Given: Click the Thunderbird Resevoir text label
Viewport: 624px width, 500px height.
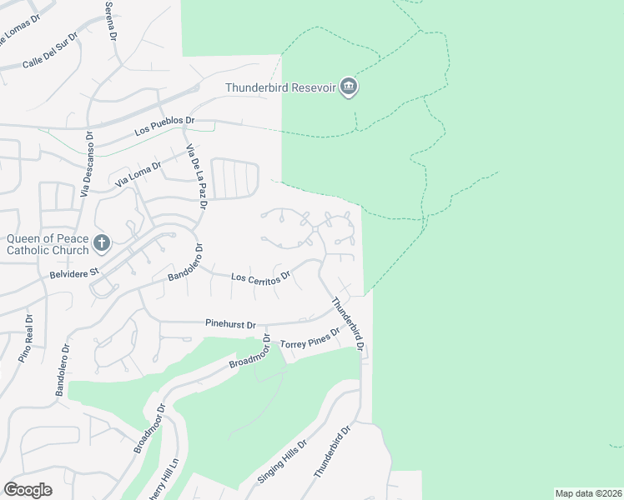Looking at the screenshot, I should [280, 87].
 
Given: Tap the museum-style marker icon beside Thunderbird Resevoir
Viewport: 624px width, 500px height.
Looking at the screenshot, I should [349, 87].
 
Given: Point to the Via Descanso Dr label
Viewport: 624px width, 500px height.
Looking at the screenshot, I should [86, 163].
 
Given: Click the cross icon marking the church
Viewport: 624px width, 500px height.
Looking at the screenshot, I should [101, 243].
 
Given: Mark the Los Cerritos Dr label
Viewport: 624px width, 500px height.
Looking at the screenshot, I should [259, 277].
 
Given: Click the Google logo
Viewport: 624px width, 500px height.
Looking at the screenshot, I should [28, 490].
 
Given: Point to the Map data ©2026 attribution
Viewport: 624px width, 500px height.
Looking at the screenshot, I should [587, 493].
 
